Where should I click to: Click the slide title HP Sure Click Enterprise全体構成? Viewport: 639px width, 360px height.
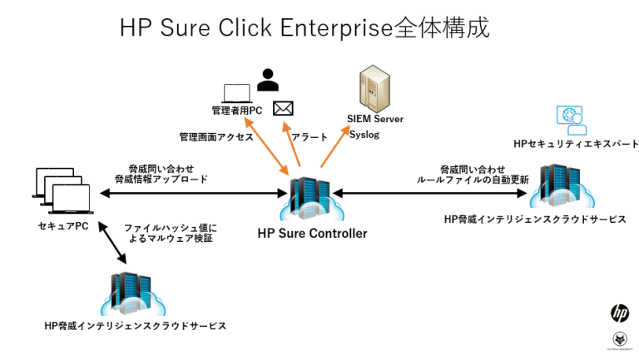pos(305,27)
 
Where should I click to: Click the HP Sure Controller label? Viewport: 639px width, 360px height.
pos(312,234)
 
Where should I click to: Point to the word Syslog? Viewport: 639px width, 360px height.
pos(364,133)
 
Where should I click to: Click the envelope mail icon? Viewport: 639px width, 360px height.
pos(284,107)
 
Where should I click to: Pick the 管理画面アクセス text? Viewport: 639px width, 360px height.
pos(215,136)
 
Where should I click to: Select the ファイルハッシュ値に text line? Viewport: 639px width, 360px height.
pos(170,226)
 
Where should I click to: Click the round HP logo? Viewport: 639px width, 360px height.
pos(620,313)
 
